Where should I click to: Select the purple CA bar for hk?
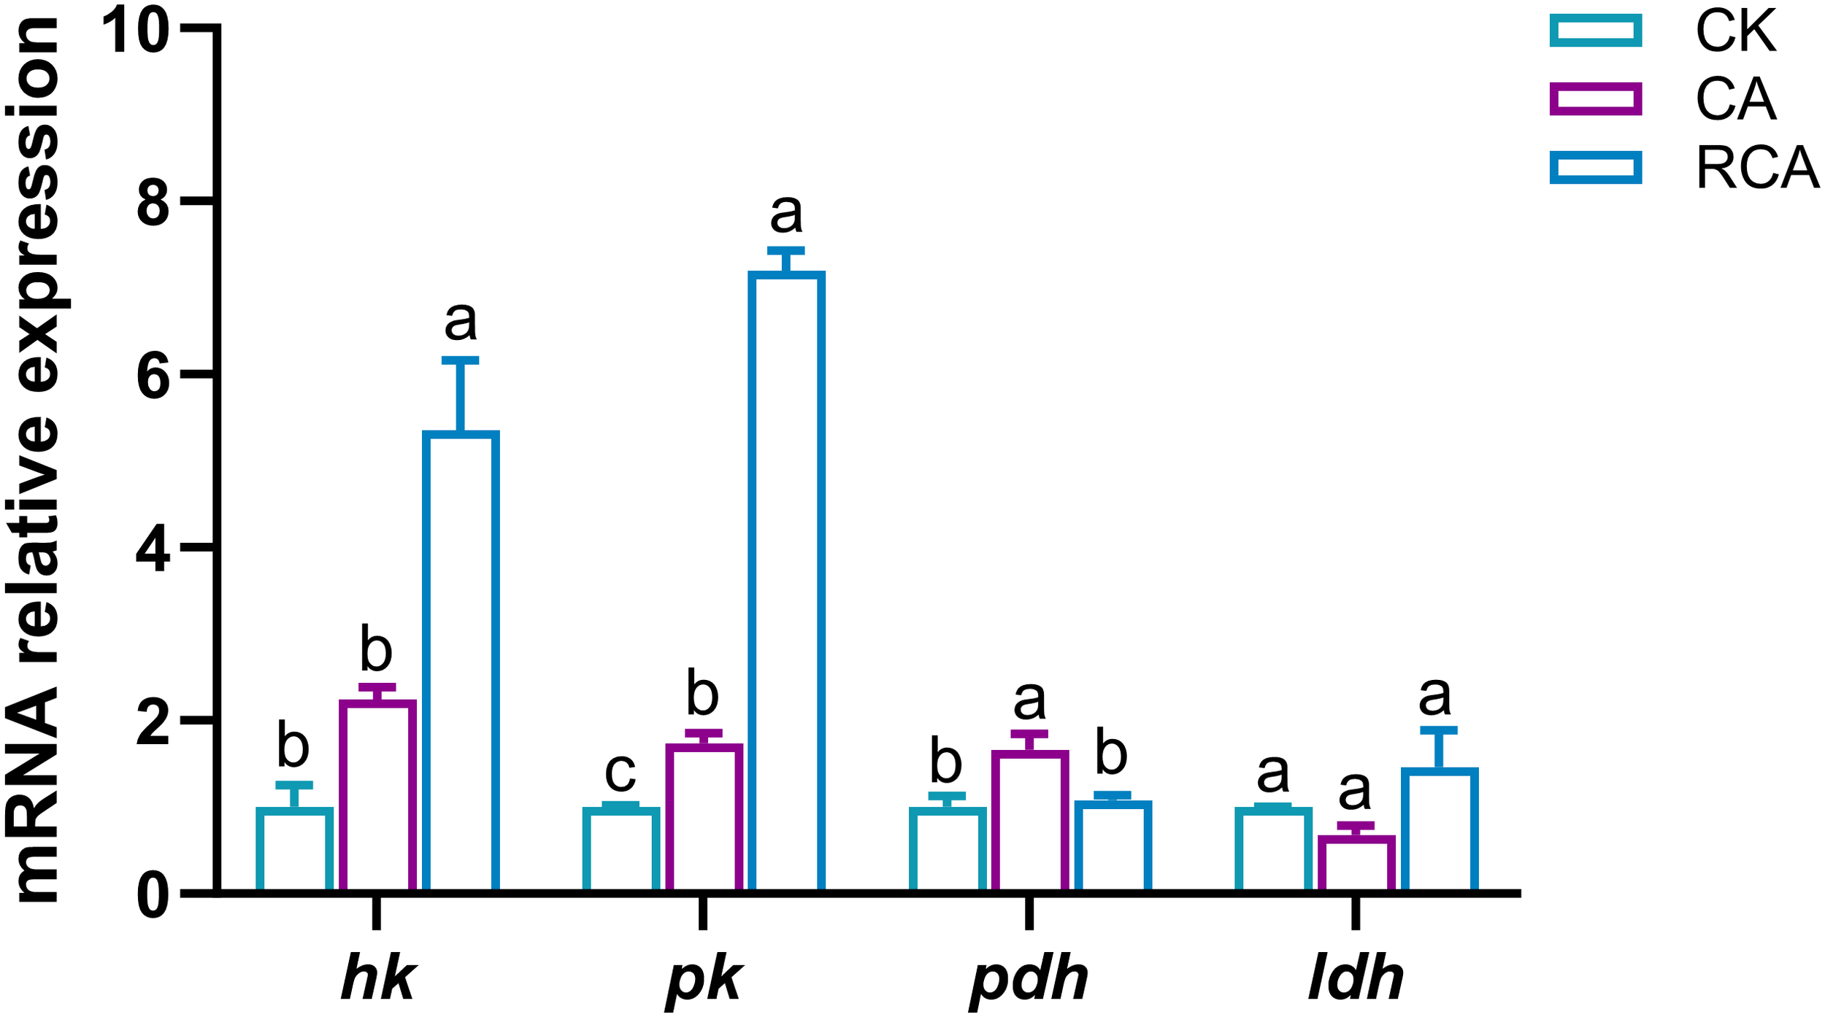pyautogui.click(x=377, y=797)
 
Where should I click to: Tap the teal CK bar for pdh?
pyautogui.click(x=947, y=851)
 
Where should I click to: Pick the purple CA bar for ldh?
pyautogui.click(x=1356, y=865)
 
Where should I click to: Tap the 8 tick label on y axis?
pyautogui.click(x=153, y=202)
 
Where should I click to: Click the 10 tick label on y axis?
pyautogui.click(x=136, y=31)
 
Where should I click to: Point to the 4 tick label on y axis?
pyautogui.click(x=153, y=549)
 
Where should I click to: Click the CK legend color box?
pyautogui.click(x=1596, y=31)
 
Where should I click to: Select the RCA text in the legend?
pyautogui.click(x=1756, y=169)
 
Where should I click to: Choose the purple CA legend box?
pyautogui.click(x=1596, y=99)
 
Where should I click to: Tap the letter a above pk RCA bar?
pyautogui.click(x=786, y=214)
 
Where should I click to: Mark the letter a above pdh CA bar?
pyautogui.click(x=1029, y=700)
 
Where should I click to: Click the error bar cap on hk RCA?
pyautogui.click(x=461, y=360)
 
